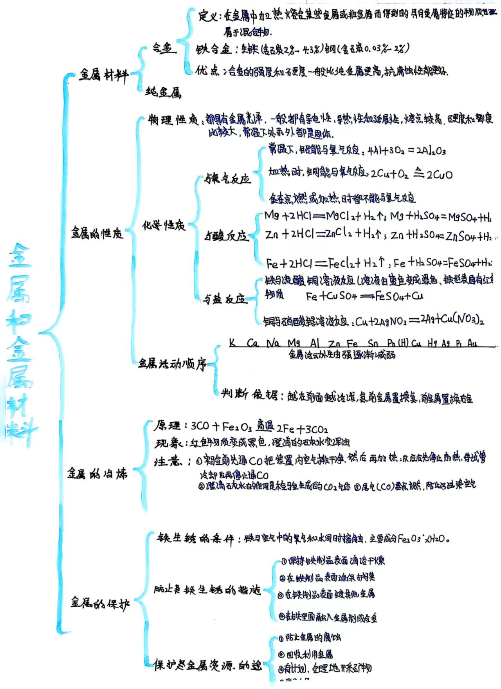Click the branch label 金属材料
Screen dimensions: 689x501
point(104,74)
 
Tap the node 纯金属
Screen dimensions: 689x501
point(164,92)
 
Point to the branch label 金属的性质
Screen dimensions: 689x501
point(97,233)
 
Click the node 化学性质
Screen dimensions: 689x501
point(164,225)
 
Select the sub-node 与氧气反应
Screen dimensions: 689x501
point(227,180)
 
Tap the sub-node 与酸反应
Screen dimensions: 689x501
point(227,236)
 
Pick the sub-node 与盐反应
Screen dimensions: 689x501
point(225,299)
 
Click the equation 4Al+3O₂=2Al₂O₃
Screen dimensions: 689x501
point(407,151)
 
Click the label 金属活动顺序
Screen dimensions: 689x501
point(172,364)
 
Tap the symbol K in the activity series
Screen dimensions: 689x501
point(232,343)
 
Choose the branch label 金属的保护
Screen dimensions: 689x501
point(100,603)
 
